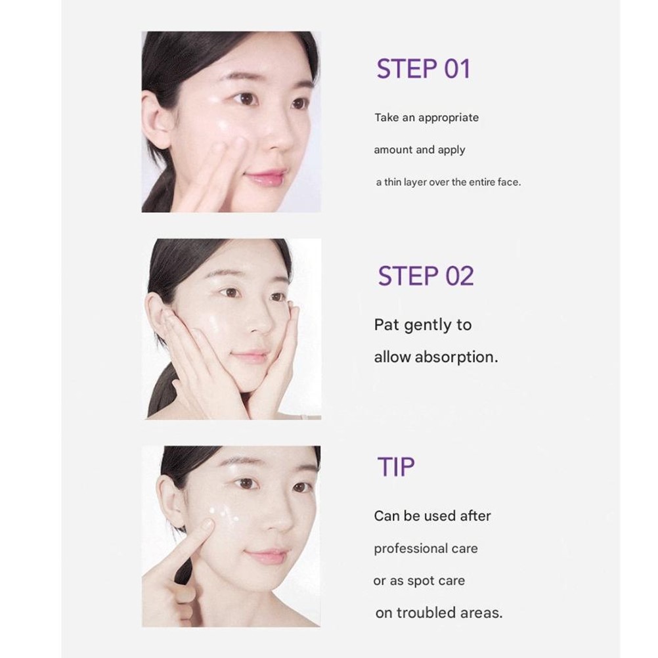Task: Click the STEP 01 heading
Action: click(x=424, y=69)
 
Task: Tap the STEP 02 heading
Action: click(x=426, y=276)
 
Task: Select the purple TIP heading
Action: click(x=396, y=467)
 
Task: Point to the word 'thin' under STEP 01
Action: click(x=392, y=182)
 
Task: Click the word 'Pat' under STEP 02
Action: click(x=387, y=325)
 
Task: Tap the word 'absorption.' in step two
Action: click(x=456, y=357)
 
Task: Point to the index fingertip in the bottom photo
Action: click(x=207, y=525)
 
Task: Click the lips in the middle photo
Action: click(x=250, y=357)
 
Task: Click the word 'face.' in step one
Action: click(x=509, y=182)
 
